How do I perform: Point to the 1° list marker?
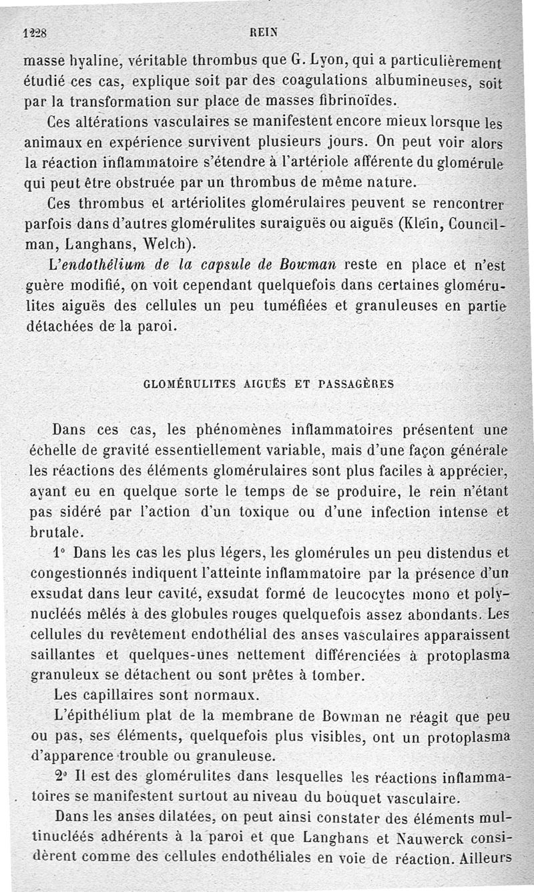(59, 553)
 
